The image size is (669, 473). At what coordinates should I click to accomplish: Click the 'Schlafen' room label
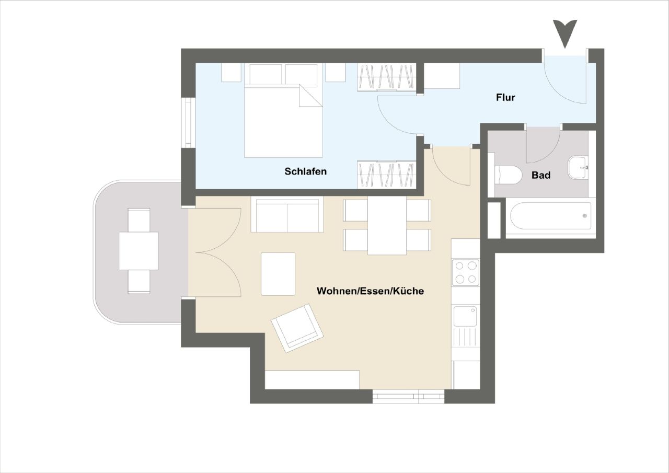point(306,171)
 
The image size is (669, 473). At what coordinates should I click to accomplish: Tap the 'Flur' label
point(505,97)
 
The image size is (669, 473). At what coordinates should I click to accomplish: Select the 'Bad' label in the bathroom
point(541,176)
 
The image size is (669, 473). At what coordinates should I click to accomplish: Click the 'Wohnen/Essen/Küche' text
point(370,291)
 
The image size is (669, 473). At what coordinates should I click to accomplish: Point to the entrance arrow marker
point(566,33)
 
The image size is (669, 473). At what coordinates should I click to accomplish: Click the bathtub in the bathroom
point(550,216)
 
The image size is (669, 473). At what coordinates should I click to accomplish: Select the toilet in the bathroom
point(507,175)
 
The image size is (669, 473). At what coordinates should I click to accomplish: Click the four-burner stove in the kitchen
point(465,272)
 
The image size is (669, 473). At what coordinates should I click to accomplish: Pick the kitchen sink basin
point(465,316)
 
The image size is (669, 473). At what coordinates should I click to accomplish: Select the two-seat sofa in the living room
point(287,214)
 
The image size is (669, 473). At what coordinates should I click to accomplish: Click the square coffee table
point(278,274)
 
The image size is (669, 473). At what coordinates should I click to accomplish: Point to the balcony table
point(139,251)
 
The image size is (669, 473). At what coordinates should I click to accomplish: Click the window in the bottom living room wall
point(408,397)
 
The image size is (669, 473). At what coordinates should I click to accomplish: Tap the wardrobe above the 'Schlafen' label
point(386,174)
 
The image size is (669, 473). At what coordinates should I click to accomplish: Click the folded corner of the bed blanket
point(309,97)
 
